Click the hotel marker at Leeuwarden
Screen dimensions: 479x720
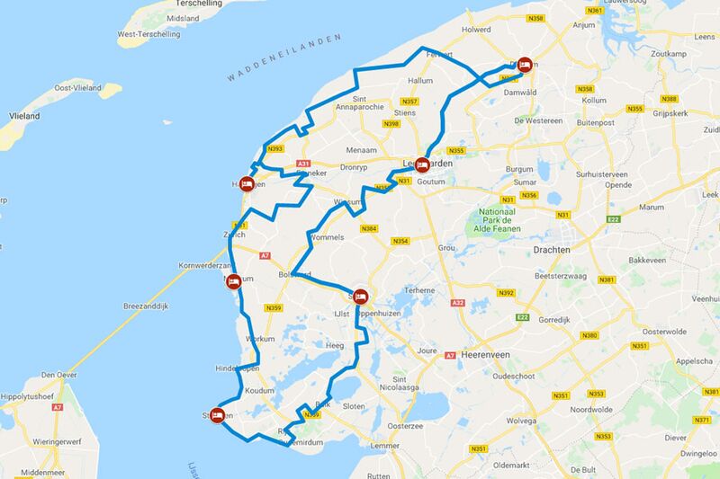click(421, 164)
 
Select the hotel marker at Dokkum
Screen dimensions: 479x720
click(526, 65)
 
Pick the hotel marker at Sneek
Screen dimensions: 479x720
click(360, 295)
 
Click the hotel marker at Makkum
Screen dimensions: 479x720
click(233, 281)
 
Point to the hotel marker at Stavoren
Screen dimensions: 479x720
click(218, 416)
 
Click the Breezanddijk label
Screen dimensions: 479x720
click(134, 306)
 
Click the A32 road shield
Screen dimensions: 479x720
click(457, 302)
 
